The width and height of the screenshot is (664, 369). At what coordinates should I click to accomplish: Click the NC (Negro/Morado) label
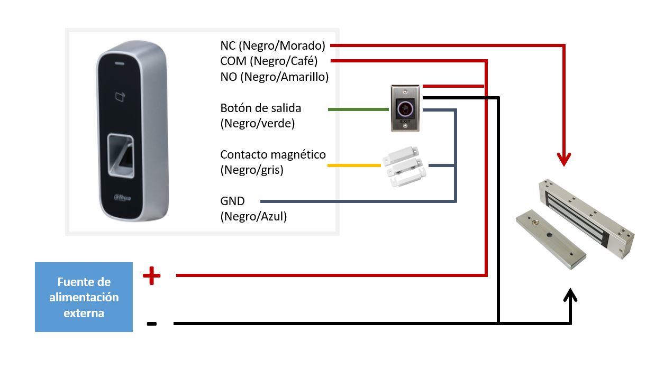272,45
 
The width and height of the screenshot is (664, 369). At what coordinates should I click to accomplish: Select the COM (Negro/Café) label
269,61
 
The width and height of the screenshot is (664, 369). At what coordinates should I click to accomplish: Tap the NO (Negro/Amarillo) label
275,77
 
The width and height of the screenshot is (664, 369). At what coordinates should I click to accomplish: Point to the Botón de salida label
260,108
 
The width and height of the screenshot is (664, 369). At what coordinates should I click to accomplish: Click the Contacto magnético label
273,155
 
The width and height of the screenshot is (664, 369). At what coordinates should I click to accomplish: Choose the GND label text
233,201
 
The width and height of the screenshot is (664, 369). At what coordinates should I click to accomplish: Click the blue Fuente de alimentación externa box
84,297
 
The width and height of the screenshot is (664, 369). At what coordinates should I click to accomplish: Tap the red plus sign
151,275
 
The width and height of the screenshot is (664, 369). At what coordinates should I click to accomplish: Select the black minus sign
151,324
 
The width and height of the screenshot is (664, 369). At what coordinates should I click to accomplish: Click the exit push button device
405,108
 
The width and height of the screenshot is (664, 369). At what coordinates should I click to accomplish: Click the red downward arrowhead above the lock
565,159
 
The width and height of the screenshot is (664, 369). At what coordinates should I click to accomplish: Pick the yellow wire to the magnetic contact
354,166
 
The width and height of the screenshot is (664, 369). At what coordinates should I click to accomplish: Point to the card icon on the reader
120,96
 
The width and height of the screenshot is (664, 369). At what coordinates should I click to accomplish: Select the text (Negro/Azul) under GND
253,216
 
